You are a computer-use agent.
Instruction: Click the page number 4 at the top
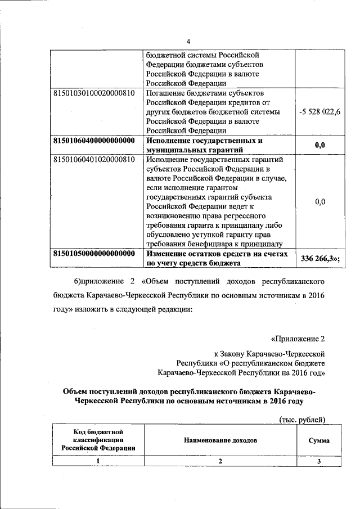(x=188, y=42)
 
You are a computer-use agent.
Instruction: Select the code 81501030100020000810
(x=93, y=93)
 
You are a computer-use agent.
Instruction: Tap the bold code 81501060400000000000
(x=93, y=141)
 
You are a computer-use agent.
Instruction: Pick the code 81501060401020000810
(x=93, y=160)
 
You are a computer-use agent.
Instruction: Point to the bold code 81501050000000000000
(x=93, y=254)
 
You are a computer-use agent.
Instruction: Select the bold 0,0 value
(x=320, y=145)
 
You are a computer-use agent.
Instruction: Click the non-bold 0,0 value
(x=320, y=201)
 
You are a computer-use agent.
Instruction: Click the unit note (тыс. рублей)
(x=302, y=418)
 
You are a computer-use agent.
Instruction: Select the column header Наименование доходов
(x=220, y=440)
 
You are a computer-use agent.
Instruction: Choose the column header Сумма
(x=318, y=440)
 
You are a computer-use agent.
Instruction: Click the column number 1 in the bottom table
(x=97, y=461)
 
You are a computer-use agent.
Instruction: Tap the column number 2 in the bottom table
(x=220, y=461)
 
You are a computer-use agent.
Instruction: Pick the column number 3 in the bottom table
(x=318, y=461)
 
